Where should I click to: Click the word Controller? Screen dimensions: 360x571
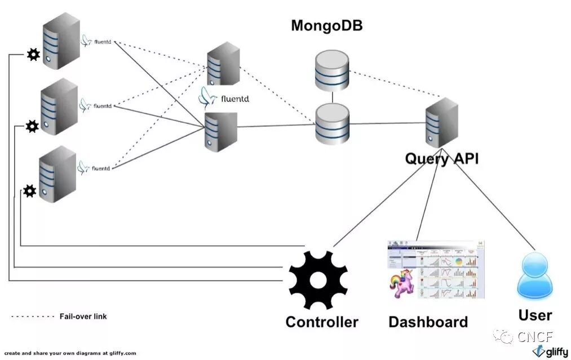coord(321,322)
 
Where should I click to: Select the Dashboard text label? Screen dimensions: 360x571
coord(428,322)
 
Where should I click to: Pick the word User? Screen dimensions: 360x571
coord(535,314)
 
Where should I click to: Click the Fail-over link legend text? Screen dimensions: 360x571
coord(83,317)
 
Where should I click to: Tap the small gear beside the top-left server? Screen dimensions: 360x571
coord(33,55)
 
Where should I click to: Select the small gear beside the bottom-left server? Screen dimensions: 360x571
coord(30,192)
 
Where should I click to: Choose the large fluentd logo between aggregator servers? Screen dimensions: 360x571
coord(224,99)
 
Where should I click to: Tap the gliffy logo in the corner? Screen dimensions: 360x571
coord(550,351)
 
